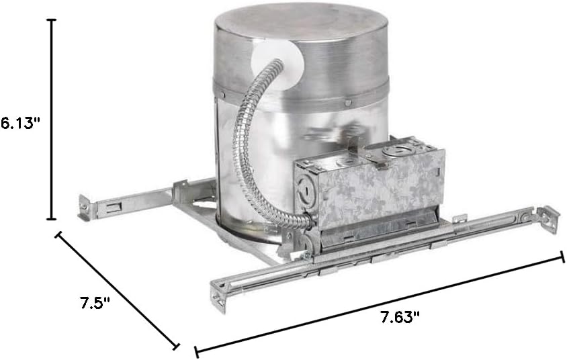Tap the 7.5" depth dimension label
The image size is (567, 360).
click(95, 302)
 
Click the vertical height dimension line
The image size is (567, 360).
click(53, 120)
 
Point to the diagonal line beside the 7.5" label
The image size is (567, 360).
click(117, 290)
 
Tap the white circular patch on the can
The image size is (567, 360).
click(277, 68)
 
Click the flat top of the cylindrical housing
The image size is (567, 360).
click(300, 26)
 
